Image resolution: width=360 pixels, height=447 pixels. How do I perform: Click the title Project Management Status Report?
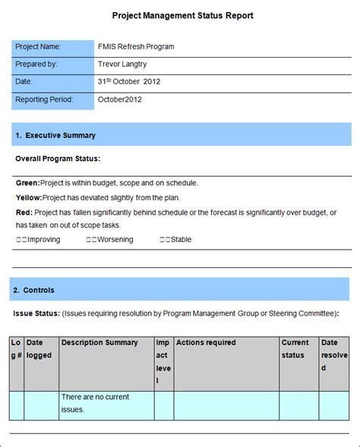click(182, 15)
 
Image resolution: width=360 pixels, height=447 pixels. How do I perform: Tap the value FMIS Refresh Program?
click(136, 47)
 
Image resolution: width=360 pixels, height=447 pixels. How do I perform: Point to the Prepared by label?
click(37, 65)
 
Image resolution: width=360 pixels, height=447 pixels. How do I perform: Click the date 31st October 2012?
click(129, 82)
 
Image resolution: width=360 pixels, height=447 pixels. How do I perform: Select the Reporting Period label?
click(44, 99)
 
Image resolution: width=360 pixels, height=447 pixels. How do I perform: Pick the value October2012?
click(120, 99)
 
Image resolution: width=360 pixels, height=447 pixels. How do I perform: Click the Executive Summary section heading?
click(60, 135)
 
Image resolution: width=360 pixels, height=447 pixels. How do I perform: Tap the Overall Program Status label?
click(58, 159)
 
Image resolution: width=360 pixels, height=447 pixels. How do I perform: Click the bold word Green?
click(27, 183)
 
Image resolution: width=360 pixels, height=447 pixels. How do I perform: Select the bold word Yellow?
click(28, 197)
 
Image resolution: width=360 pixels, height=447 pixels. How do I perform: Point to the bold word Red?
click(24, 212)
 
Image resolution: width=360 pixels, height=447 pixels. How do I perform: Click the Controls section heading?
click(39, 290)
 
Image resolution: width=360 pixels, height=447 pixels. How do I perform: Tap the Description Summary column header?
click(99, 343)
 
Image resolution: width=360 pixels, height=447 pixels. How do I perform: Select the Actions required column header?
click(206, 343)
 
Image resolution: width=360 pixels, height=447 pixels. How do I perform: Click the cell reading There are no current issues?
click(95, 403)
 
